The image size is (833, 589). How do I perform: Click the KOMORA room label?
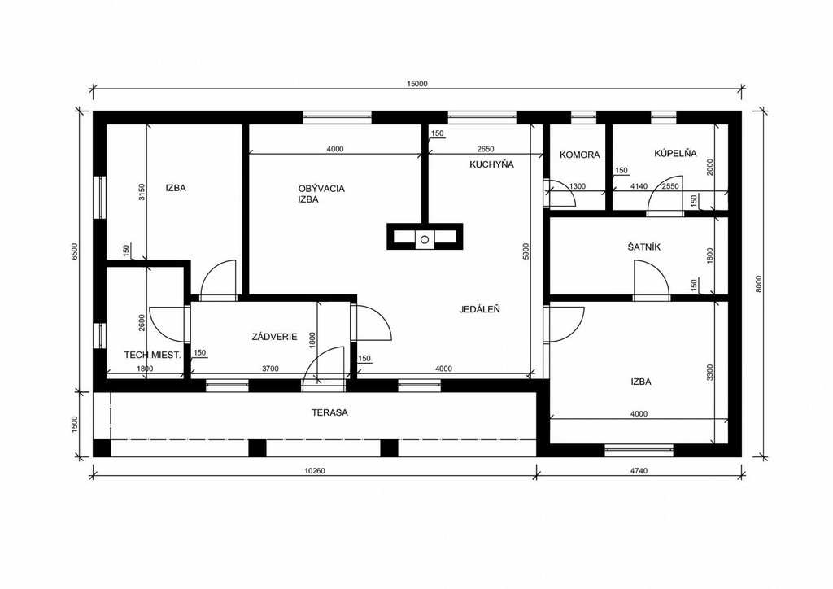579,155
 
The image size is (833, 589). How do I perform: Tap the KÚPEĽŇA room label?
675,153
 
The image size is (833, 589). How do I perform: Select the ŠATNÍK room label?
643,247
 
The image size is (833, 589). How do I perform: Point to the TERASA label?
329,412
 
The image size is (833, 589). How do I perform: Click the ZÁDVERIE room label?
274,337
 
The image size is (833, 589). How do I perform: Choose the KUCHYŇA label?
491,164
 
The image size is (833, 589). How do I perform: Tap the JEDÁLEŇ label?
479,309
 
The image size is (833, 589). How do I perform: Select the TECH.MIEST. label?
152,355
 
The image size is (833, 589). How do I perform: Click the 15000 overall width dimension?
417,83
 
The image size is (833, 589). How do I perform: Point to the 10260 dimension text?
315,470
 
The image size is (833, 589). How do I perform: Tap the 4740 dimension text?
639,470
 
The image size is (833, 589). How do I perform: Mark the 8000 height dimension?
759,284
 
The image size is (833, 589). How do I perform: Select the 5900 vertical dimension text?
526,251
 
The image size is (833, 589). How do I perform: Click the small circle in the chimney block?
425,239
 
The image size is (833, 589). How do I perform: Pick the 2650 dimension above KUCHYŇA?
486,149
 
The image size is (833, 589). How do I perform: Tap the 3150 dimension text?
142,192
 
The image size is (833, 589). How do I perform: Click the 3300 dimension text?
710,373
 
